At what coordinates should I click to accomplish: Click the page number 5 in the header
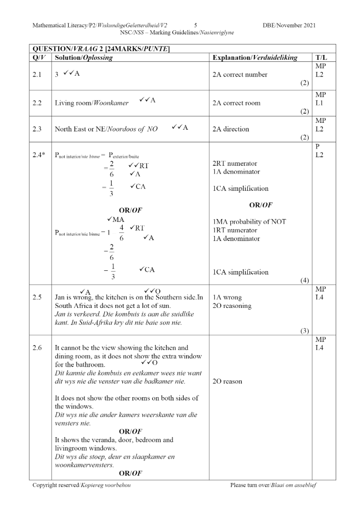[196, 25]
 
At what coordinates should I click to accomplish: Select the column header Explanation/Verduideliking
[255, 58]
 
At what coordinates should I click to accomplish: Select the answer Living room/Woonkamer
[92, 103]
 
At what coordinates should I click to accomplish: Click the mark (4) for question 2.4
[305, 280]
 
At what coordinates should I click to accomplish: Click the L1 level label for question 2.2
[319, 103]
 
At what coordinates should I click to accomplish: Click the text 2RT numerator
[235, 164]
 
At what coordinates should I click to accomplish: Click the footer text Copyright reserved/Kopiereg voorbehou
[82, 486]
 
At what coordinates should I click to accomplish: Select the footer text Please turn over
[250, 486]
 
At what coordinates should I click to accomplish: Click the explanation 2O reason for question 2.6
[228, 381]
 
